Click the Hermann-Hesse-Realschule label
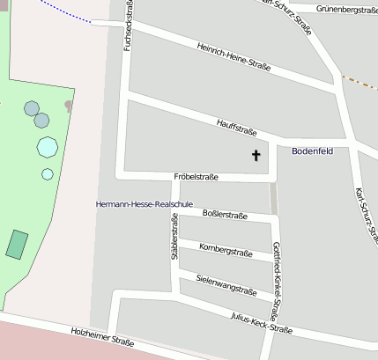coord(144,204)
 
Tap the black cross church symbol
coord(257,156)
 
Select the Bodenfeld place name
coord(313,151)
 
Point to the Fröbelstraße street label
coord(196,177)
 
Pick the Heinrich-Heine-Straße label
coord(234,57)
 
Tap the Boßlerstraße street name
coord(225,214)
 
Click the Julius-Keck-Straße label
coord(261,323)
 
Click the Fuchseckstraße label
coord(129,25)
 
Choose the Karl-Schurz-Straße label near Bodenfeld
coord(362,210)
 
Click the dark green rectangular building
coord(17,244)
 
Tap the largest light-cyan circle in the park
coord(47,146)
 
